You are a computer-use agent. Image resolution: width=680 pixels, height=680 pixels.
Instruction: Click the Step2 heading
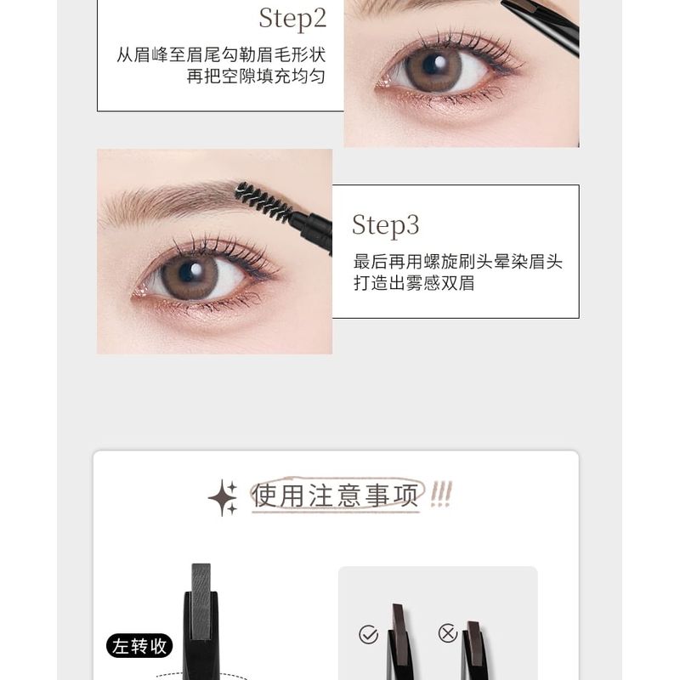[292, 17]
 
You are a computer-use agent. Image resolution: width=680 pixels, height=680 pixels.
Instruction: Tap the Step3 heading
[385, 225]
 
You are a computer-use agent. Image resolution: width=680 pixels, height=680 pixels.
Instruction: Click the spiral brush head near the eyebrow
[263, 202]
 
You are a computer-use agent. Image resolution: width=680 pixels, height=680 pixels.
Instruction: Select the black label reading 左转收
[139, 646]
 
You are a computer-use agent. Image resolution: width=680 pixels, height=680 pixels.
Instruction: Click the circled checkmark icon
[368, 634]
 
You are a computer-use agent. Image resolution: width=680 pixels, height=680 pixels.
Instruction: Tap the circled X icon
[447, 632]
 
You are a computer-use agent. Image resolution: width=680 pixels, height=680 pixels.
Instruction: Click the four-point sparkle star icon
[224, 497]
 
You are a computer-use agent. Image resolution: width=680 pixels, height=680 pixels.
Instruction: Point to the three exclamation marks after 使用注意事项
[441, 492]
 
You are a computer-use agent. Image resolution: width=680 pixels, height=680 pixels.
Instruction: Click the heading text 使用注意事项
[336, 496]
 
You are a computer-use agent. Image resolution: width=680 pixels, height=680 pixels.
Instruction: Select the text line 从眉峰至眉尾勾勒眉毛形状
[221, 55]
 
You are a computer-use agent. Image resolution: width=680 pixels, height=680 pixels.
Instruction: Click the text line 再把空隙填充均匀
[256, 77]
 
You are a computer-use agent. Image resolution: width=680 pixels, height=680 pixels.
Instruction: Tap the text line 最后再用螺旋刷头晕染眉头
[458, 262]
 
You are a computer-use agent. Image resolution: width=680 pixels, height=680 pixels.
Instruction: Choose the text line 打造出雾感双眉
[414, 283]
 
